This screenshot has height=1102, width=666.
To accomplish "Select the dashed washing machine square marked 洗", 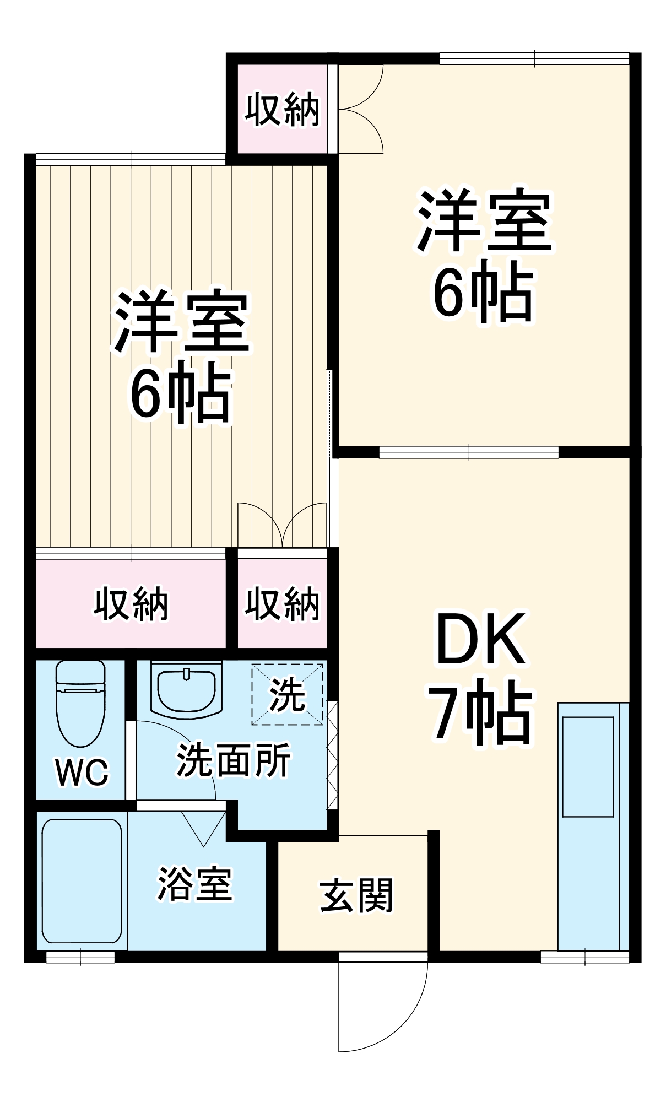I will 287,695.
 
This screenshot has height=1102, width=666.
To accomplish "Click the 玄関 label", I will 356,895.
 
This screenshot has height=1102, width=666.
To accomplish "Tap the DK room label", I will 480,639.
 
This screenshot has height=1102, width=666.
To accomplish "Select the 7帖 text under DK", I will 481,712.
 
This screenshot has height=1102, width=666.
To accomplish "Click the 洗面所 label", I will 233,760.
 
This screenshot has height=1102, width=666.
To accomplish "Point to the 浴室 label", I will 194,884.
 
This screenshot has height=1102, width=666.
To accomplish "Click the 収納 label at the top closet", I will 282,110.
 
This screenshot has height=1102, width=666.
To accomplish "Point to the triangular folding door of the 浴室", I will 203,827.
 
